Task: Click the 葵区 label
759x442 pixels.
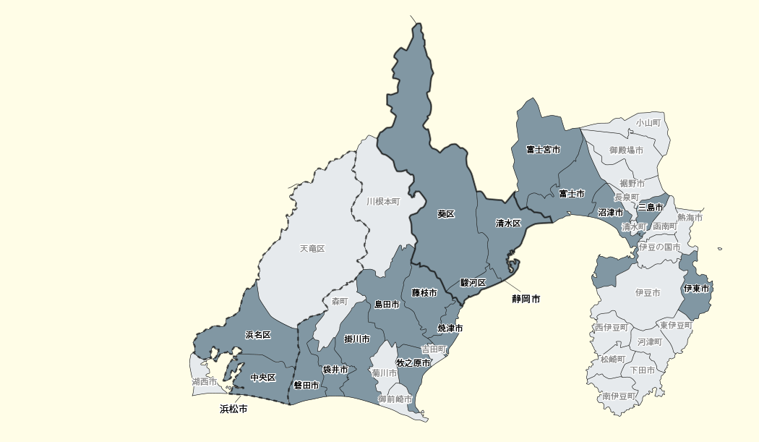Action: [446, 214]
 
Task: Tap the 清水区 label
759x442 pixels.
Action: [508, 224]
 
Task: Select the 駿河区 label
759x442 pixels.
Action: [473, 283]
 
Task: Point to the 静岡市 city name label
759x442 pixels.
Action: [526, 298]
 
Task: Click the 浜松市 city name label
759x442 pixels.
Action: [233, 409]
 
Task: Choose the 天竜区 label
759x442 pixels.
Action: [312, 249]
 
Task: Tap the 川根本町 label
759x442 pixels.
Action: [382, 202]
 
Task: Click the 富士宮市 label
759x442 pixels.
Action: [543, 150]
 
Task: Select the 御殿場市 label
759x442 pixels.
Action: [626, 150]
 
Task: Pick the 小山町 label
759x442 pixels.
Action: [648, 123]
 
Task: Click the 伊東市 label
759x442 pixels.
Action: [696, 289]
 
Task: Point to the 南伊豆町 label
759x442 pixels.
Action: [619, 396]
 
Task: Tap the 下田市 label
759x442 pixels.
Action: [643, 370]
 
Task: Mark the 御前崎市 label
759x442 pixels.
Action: [395, 399]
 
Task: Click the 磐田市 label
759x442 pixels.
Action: [306, 386]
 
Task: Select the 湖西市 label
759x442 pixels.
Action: [205, 381]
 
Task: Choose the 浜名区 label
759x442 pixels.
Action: [258, 335]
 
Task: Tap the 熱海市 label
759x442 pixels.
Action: [690, 218]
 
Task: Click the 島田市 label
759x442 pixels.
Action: [387, 305]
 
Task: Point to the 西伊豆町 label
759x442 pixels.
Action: [612, 328]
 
